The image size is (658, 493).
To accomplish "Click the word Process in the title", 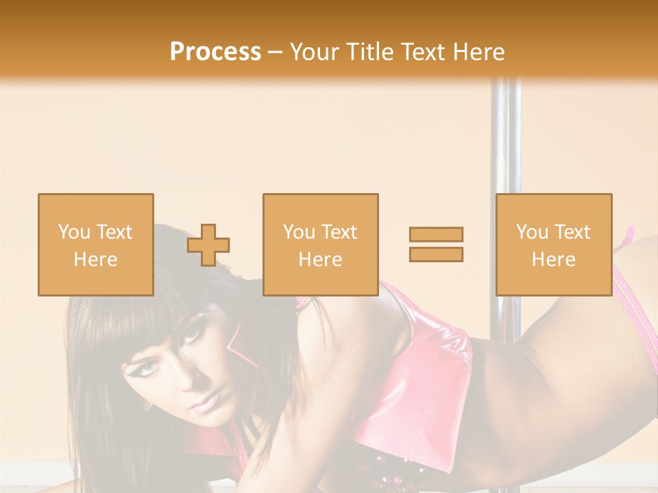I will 215,51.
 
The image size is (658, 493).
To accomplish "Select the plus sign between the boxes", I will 208,245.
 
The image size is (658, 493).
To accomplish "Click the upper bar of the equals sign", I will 436,234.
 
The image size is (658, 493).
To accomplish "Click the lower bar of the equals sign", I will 436,254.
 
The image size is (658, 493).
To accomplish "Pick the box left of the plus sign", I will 96,244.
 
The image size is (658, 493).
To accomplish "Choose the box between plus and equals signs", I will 320,244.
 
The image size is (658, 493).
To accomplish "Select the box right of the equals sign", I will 554,244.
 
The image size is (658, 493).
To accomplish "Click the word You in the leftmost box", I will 73,232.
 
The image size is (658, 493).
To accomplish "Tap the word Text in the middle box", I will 339,232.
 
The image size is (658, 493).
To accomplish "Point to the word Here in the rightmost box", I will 554,260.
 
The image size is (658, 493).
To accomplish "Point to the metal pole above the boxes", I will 506,137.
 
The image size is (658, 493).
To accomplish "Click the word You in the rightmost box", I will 531,232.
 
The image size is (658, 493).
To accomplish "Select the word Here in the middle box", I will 320,260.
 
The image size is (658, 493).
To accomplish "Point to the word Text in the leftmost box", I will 114,232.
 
